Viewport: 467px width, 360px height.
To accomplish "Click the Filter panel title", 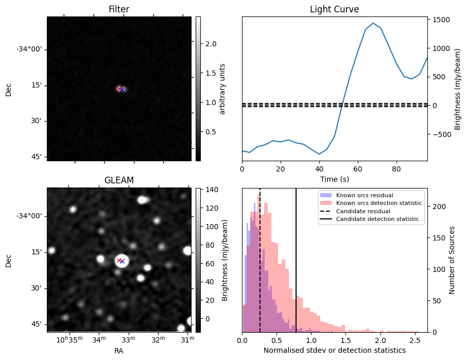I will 118,9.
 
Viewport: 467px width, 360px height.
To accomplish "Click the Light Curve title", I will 334,9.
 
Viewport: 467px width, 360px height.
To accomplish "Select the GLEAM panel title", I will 118,180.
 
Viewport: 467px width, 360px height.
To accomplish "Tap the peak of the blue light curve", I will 373,23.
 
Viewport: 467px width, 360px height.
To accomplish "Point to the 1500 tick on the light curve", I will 443,20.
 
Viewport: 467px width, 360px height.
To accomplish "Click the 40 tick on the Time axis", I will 319,168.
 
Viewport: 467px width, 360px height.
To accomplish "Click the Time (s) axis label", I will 334,178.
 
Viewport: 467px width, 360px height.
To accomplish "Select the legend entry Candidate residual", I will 363,211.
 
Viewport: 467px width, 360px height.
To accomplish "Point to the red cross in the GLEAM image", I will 119,260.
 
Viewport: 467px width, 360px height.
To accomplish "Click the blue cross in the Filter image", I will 123,90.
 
